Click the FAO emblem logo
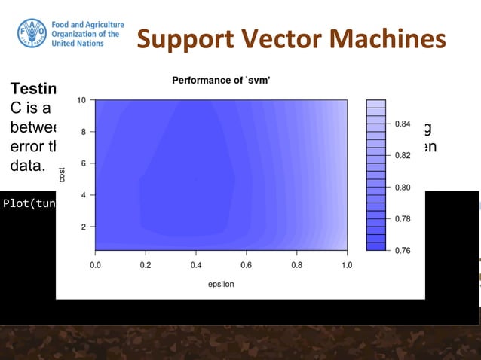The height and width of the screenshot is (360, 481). coord(32,33)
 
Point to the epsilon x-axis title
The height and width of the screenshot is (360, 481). coord(222,284)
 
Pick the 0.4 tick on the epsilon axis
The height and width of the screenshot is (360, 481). coord(196,265)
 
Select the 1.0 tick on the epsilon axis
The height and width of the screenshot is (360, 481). coord(347,265)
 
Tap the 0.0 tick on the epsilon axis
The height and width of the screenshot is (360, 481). coord(96,265)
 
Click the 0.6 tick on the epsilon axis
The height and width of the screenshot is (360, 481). coord(247,265)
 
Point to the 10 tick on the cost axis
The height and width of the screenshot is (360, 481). coord(81,100)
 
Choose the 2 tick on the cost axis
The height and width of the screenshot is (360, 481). coord(83,226)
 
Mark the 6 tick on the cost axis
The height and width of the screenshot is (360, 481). coord(83,163)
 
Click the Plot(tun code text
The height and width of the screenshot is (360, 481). coord(29,203)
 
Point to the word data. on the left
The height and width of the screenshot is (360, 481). coord(27,163)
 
